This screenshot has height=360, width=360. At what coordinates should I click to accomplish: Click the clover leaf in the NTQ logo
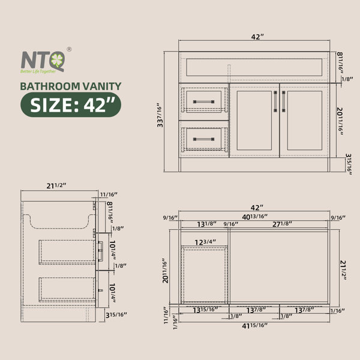pyautogui.click(x=57, y=61)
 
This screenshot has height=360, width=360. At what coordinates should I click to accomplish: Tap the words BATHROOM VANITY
pyautogui.click(x=70, y=86)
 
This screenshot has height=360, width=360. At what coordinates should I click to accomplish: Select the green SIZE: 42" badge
pyautogui.click(x=71, y=104)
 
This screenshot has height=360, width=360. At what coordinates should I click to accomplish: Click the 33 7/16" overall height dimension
pyautogui.click(x=160, y=115)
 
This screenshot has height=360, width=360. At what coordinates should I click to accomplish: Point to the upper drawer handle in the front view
pyautogui.click(x=203, y=102)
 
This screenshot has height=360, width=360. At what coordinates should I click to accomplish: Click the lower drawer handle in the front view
pyautogui.click(x=203, y=139)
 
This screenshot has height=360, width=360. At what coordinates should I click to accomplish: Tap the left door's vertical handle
pyautogui.click(x=275, y=101)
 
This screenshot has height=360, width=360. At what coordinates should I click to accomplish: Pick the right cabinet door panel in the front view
pyautogui.click(x=304, y=121)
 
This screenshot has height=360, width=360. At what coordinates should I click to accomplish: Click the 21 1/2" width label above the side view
pyautogui.click(x=56, y=185)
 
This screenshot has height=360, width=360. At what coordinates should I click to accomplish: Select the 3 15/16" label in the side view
pyautogui.click(x=116, y=315)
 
